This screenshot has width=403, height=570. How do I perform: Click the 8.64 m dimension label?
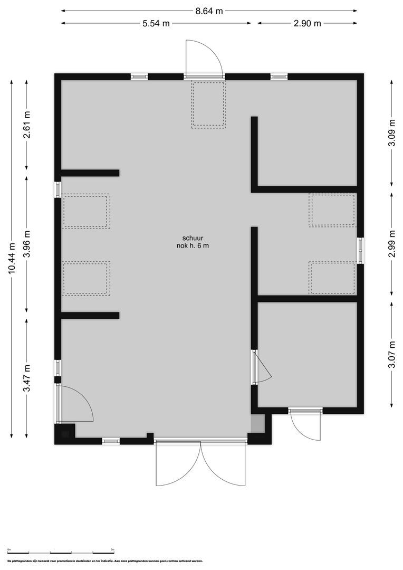pyautogui.click(x=209, y=10)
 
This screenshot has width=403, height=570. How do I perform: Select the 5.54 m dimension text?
pyautogui.click(x=156, y=23)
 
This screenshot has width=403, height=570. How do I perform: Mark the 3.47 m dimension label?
pyautogui.click(x=27, y=378)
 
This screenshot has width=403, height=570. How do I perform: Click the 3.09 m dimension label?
pyautogui.click(x=391, y=137)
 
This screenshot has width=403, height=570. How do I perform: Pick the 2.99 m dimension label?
pyautogui.click(x=391, y=244)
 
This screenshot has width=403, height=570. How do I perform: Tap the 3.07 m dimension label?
pyautogui.click(x=391, y=354)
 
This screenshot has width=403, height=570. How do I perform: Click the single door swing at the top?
pyautogui.click(x=205, y=58)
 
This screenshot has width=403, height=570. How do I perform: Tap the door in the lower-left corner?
pyautogui.click(x=76, y=404)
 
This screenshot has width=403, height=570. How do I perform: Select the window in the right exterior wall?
pyautogui.click(x=361, y=250)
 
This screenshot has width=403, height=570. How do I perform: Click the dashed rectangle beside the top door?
pyautogui.click(x=208, y=104)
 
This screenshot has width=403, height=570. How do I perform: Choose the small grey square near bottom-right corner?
pyautogui.click(x=257, y=424)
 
